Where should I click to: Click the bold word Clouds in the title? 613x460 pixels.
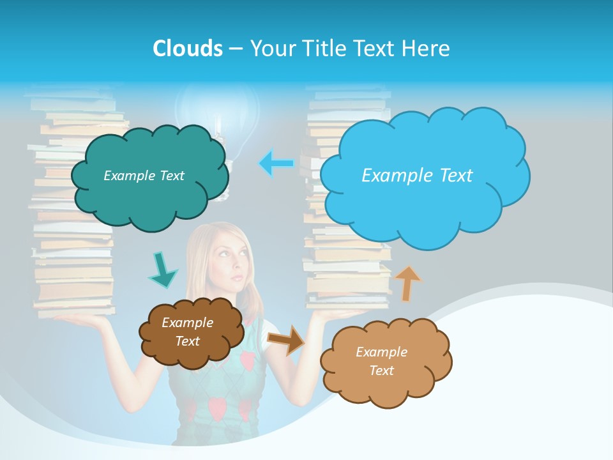[187, 49]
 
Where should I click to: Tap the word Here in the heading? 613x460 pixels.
[427, 49]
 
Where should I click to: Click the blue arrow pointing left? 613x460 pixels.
[276, 164]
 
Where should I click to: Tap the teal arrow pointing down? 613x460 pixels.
[162, 270]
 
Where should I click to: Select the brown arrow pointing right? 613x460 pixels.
[286, 339]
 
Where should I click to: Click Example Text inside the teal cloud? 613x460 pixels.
[144, 176]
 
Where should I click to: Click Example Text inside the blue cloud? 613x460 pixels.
[417, 176]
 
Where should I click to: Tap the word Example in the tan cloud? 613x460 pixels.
[381, 352]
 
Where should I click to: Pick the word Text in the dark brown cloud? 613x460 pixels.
[187, 341]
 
